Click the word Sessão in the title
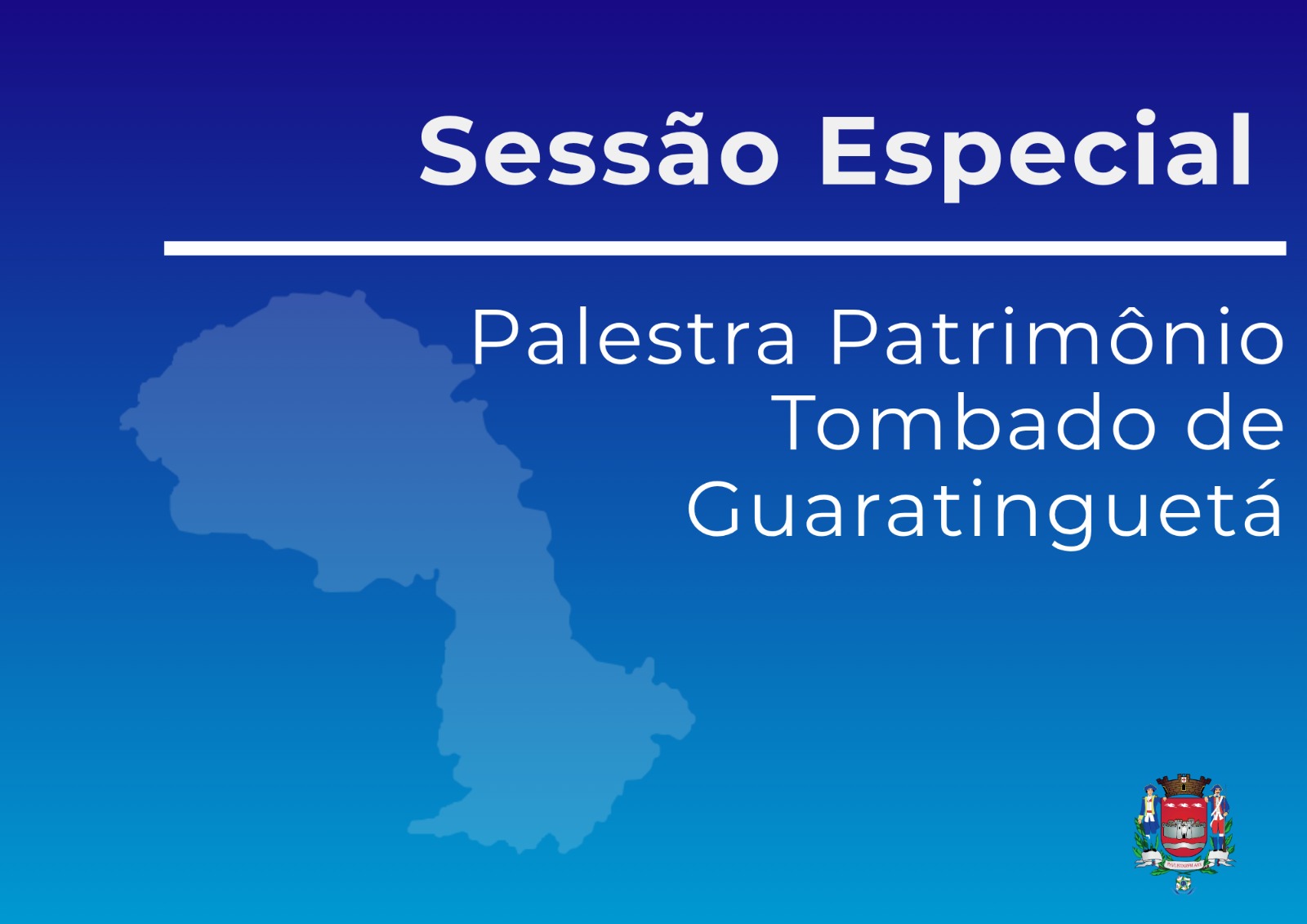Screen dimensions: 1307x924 599,150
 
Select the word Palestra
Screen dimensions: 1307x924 633,337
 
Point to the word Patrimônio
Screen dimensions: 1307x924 1057,336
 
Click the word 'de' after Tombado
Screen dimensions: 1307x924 1234,422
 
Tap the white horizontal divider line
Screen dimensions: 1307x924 725,248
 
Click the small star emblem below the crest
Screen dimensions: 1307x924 1184,884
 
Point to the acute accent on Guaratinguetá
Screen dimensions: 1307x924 1264,487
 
